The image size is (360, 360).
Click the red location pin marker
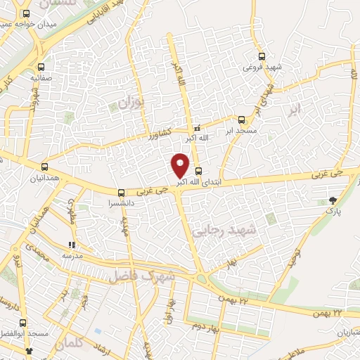(180, 165)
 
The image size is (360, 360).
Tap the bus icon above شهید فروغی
(262, 56)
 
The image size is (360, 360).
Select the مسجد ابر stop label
(242, 131)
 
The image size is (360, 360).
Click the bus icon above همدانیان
(45, 167)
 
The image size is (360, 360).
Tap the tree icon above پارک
(333, 201)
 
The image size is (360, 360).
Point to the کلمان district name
(68, 345)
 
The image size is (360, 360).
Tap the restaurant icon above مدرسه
(71, 245)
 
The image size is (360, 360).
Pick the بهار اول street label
(169, 310)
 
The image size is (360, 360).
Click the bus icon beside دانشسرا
(122, 192)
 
